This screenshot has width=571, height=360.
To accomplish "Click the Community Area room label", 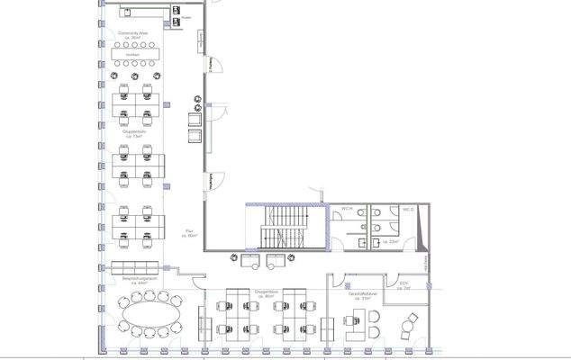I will click(x=131, y=34).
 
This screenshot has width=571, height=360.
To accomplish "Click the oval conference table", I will click(x=148, y=316).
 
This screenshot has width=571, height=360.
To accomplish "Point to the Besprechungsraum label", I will click(x=141, y=281).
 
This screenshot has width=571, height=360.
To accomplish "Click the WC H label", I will click(x=345, y=209).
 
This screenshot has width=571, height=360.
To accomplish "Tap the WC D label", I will click(x=407, y=209).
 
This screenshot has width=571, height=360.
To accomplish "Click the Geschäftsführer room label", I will click(x=361, y=294).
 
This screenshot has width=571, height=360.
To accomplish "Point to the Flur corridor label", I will click(x=190, y=232).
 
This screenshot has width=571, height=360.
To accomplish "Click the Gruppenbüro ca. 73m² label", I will click(x=134, y=132).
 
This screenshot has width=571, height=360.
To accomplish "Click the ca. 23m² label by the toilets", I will click(x=391, y=243).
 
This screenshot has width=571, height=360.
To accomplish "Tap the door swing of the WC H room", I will click(x=336, y=241).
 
